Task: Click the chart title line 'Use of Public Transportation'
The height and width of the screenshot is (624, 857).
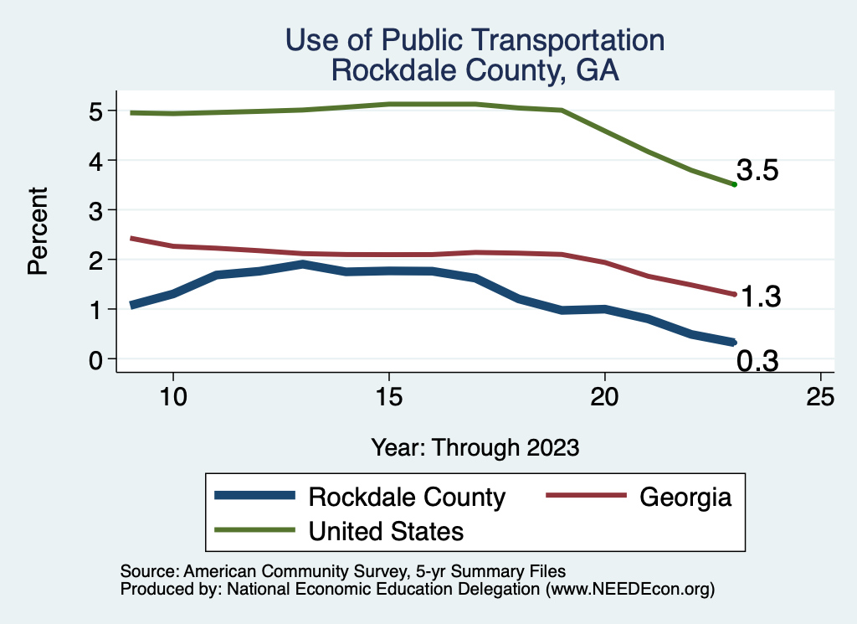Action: pyautogui.click(x=475, y=40)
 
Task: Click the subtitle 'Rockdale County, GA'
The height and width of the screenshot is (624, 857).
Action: pyautogui.click(x=475, y=70)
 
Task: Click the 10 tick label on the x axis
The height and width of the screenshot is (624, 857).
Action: pyautogui.click(x=172, y=396)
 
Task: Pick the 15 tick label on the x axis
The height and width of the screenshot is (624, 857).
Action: pyautogui.click(x=388, y=396)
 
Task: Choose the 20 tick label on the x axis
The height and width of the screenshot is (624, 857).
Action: pyautogui.click(x=604, y=396)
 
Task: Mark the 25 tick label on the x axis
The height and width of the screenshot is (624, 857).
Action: pyautogui.click(x=820, y=396)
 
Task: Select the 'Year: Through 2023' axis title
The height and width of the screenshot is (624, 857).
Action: pyautogui.click(x=475, y=447)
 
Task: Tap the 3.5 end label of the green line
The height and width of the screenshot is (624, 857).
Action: pyautogui.click(x=757, y=171)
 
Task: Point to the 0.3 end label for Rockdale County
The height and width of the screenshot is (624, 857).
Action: pyautogui.click(x=757, y=361)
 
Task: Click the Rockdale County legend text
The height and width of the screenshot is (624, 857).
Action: pyautogui.click(x=407, y=497)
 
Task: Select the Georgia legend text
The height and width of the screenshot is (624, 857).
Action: pyautogui.click(x=685, y=497)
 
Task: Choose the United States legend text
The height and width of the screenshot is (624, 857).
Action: pyautogui.click(x=386, y=530)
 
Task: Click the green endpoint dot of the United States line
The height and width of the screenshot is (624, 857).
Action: pyautogui.click(x=734, y=184)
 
